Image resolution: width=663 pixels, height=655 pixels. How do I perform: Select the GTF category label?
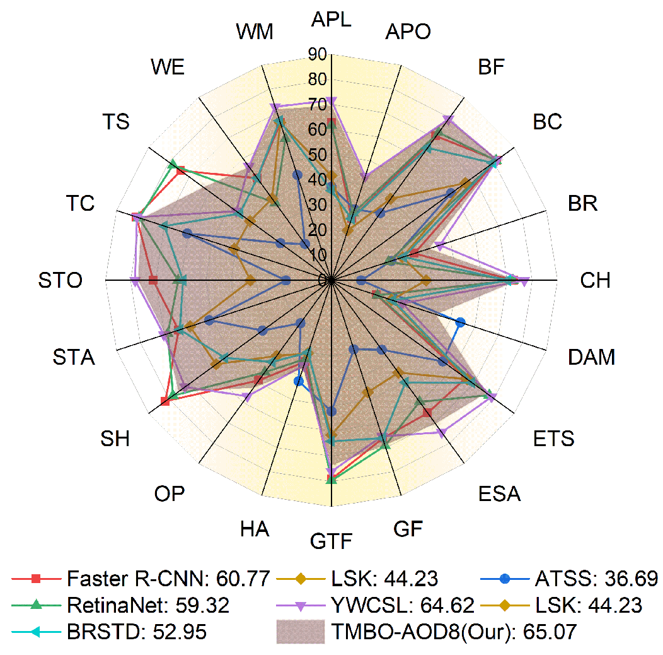click(x=331, y=541)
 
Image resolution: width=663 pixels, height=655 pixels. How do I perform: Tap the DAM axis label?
click(x=591, y=357)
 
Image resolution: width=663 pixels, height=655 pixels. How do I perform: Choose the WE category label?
click(x=168, y=68)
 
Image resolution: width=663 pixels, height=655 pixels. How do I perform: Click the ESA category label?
click(x=499, y=493)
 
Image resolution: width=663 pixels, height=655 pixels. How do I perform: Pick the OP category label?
click(x=169, y=493)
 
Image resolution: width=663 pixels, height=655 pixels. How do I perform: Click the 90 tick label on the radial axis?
click(x=318, y=54)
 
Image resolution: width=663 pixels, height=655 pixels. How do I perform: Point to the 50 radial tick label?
click(x=318, y=155)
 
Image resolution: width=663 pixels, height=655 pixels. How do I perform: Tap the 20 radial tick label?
click(x=318, y=230)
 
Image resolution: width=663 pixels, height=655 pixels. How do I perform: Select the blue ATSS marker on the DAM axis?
click(x=461, y=322)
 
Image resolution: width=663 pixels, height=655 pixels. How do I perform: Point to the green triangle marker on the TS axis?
click(x=173, y=165)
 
